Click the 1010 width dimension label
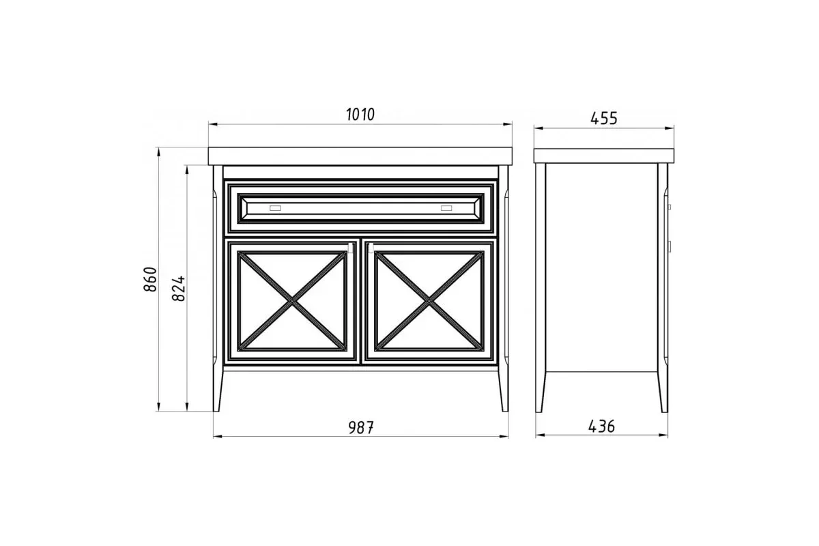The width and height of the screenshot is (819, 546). (360, 115)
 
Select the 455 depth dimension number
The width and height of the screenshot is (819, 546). (603, 118)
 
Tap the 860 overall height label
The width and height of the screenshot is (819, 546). (150, 279)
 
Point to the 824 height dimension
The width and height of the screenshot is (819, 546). (179, 288)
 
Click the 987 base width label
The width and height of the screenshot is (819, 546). (361, 427)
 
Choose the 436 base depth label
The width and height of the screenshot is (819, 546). (601, 426)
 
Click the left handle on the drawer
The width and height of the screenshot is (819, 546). (275, 208)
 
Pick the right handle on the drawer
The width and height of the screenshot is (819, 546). (446, 208)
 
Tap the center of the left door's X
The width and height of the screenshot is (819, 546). (292, 302)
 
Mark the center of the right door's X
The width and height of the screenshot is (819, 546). (429, 302)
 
